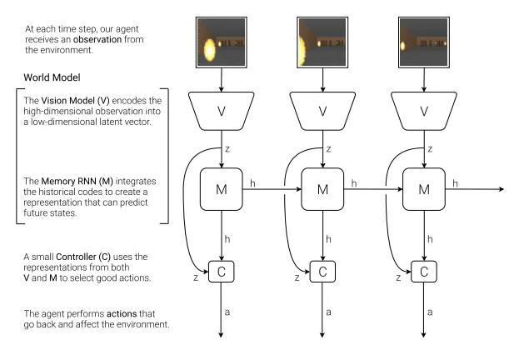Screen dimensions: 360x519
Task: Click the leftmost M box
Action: click(222, 190)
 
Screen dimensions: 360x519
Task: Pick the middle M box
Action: click(322, 190)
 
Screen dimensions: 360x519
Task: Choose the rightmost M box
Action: click(424, 190)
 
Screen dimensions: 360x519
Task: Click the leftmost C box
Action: click(222, 271)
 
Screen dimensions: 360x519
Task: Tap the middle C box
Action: click(322, 271)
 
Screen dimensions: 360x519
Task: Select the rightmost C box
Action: click(424, 271)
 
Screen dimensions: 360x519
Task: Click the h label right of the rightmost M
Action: click(455, 182)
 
